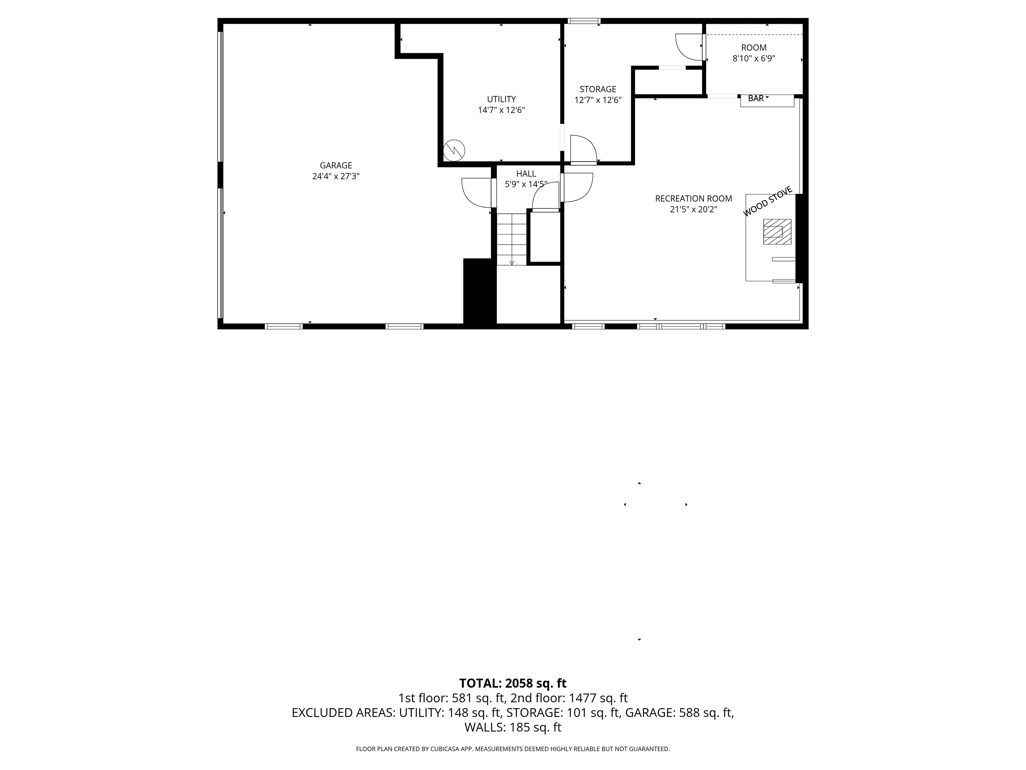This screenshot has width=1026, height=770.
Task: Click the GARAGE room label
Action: tap(336, 165)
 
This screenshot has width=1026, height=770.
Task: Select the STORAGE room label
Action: tap(597, 89)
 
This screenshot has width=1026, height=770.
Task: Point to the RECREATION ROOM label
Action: tap(693, 199)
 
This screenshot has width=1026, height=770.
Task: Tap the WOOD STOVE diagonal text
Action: tap(767, 201)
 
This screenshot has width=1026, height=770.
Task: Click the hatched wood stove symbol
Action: tap(777, 232)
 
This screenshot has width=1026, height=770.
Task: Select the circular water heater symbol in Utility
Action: tap(454, 150)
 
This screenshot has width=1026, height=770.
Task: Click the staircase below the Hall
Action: tap(512, 239)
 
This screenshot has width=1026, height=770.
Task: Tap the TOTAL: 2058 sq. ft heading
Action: tap(513, 683)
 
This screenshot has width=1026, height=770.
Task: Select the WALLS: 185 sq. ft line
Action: tap(513, 727)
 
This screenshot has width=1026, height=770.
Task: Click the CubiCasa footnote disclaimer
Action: tap(513, 749)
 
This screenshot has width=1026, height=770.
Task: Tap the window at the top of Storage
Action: tap(583, 21)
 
